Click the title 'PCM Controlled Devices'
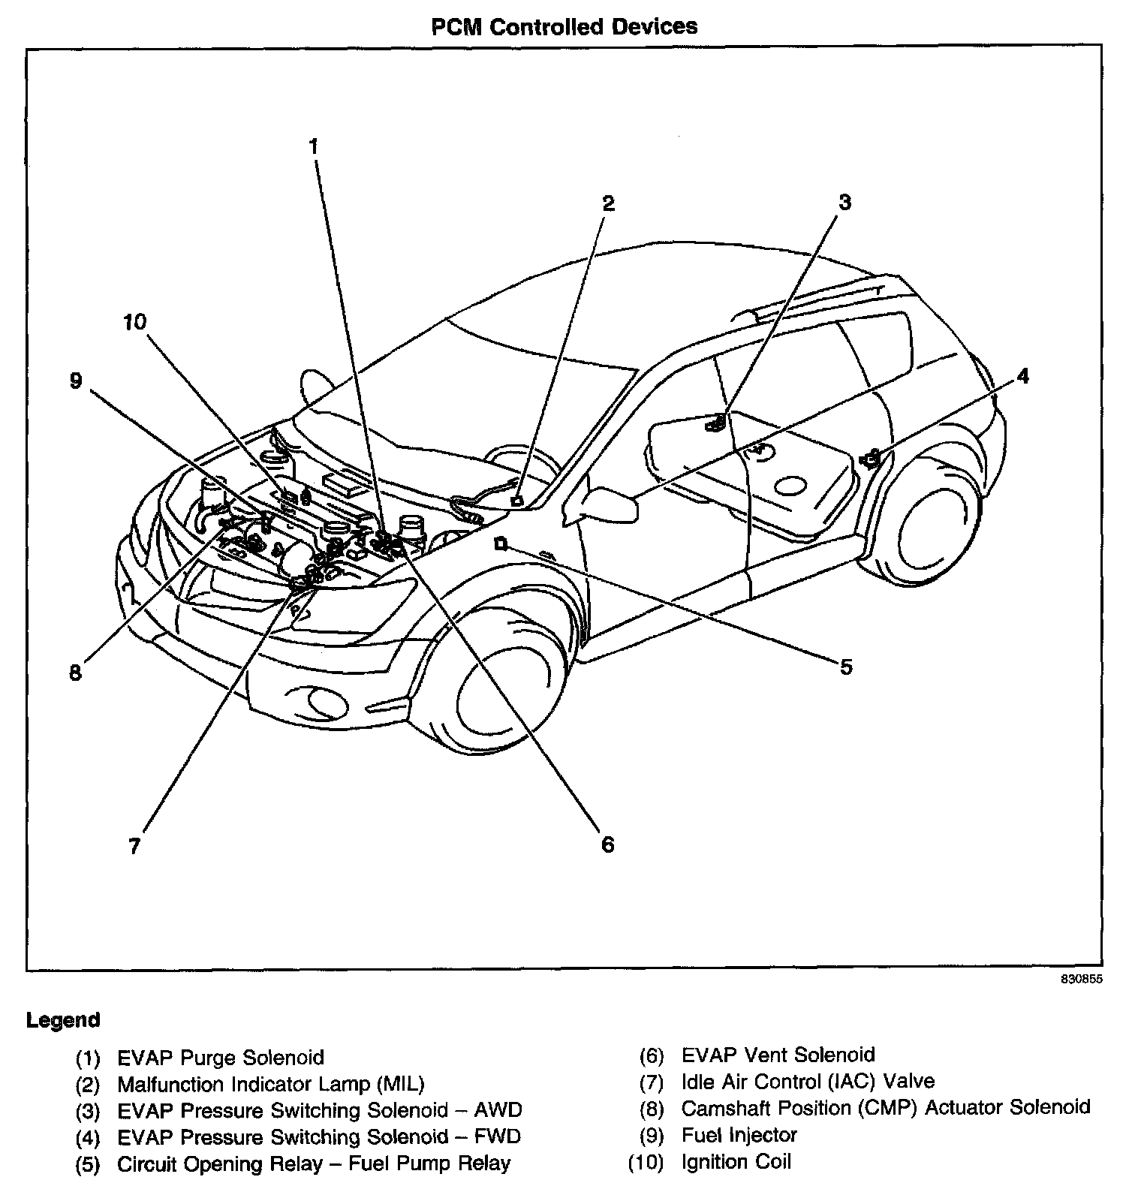tap(564, 27)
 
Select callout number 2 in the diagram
tap(608, 203)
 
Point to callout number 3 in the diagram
tap(844, 202)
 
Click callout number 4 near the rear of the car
tap(1022, 375)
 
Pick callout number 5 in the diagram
tap(846, 667)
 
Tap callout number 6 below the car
tap(607, 844)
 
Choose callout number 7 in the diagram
tap(134, 846)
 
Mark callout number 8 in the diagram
tap(75, 672)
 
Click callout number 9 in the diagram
tap(75, 381)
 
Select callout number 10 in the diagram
tap(135, 323)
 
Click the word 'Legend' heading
tap(63, 1020)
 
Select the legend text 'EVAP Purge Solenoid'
tap(221, 1058)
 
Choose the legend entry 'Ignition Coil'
tap(736, 1162)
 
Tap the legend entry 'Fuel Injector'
tap(739, 1135)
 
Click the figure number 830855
tap(1082, 980)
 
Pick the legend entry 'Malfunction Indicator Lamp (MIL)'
tap(271, 1084)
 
